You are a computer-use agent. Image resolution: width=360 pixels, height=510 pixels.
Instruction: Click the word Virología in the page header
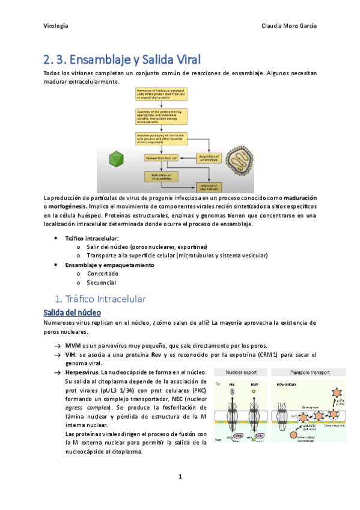[x=56, y=26]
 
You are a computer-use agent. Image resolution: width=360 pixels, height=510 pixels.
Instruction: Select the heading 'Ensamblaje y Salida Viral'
[x=122, y=60]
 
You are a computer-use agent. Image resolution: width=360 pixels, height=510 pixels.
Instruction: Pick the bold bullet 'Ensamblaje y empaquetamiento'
[x=109, y=265]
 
